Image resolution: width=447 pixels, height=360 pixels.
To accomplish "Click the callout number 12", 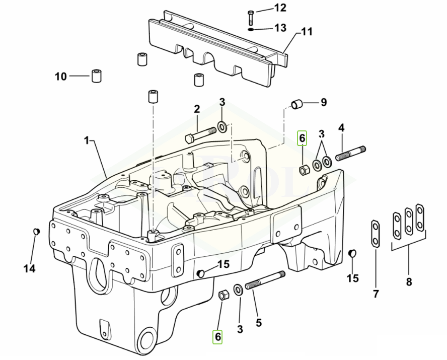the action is tap(280, 8).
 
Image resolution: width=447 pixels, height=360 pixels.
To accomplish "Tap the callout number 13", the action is tap(280, 28).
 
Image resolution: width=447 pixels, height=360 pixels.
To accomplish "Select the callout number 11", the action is tap(307, 31).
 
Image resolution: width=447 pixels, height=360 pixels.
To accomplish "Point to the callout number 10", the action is tap(61, 77).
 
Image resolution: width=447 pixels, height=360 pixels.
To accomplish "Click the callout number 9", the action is tap(323, 102).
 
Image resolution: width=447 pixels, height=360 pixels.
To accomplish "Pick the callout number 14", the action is tap(30, 268).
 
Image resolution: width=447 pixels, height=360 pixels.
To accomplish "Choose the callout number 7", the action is tap(376, 294).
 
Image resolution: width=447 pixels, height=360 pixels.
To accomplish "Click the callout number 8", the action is tap(409, 282).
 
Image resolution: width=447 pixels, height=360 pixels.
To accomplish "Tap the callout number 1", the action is tap(87, 140).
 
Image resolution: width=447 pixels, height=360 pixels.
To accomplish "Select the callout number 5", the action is tap(259, 323).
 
